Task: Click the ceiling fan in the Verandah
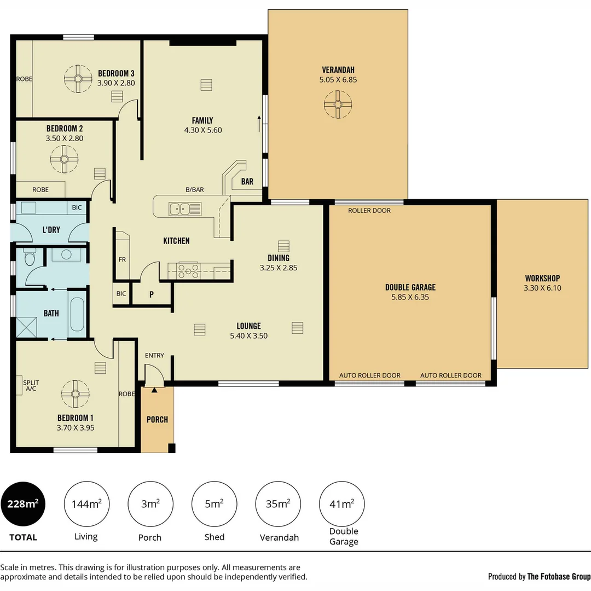click(x=338, y=105)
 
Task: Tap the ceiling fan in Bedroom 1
click(x=76, y=393)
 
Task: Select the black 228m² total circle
click(x=23, y=504)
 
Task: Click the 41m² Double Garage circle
click(x=342, y=504)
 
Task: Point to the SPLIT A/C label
click(x=31, y=386)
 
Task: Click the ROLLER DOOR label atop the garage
click(x=369, y=211)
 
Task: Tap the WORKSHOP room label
click(x=542, y=278)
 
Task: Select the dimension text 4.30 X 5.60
click(x=202, y=130)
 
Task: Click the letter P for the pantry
click(x=152, y=294)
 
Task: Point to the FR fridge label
click(x=122, y=259)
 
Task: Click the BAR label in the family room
click(x=247, y=182)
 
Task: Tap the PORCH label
click(x=157, y=420)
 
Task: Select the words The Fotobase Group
click(x=559, y=576)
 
